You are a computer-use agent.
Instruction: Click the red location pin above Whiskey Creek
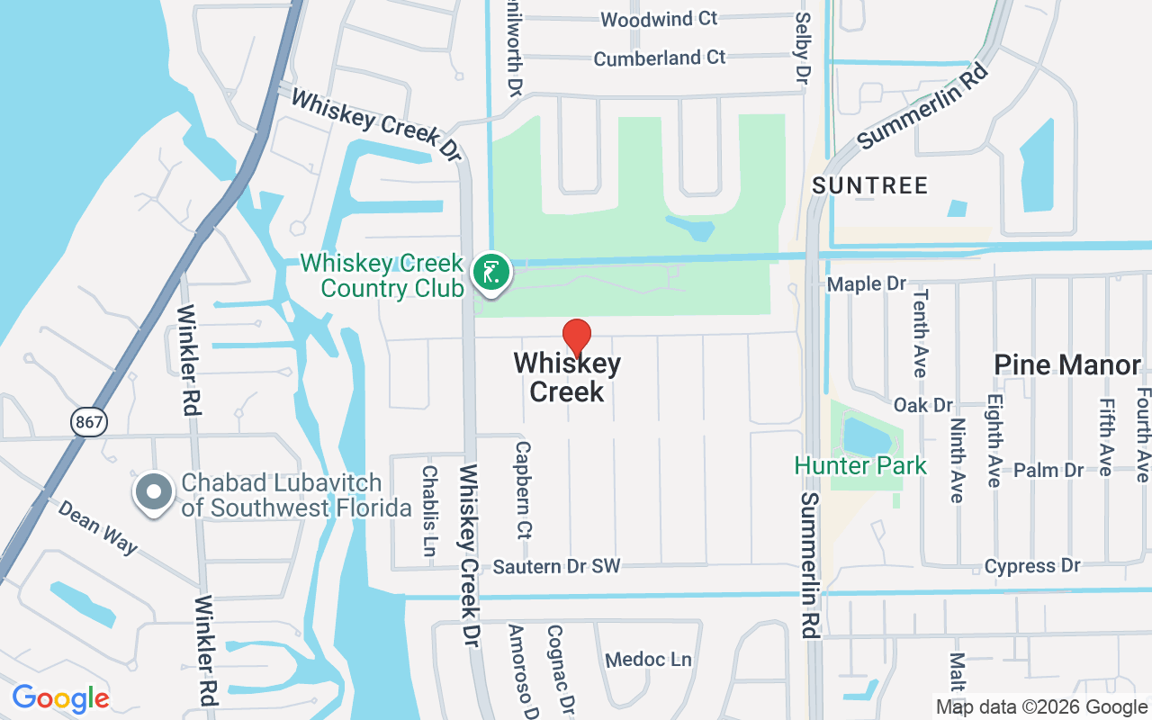pos(577,337)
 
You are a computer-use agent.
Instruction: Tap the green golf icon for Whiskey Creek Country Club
pos(490,271)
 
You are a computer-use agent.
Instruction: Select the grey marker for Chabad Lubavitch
pos(154,492)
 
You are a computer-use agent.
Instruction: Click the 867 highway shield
pos(90,420)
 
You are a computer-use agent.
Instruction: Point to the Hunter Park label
pos(860,465)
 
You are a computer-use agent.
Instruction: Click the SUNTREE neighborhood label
pos(869,186)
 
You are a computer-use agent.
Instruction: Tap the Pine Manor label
pos(1067,364)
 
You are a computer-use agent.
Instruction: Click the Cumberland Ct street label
pos(659,58)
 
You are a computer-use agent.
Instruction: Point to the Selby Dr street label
pos(801,49)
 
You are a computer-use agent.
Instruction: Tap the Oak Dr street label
pos(923,405)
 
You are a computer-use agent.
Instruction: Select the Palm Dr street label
pos(1048,470)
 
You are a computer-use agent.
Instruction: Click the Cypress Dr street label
pos(1031,566)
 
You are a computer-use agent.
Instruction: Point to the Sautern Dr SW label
pos(557,566)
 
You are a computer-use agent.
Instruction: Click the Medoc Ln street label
pos(648,660)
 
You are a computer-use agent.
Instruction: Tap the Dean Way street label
pos(98,527)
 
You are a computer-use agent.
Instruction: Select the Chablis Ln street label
pos(429,509)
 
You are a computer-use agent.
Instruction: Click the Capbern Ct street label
pos(523,489)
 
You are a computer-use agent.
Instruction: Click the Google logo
pos(60,698)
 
